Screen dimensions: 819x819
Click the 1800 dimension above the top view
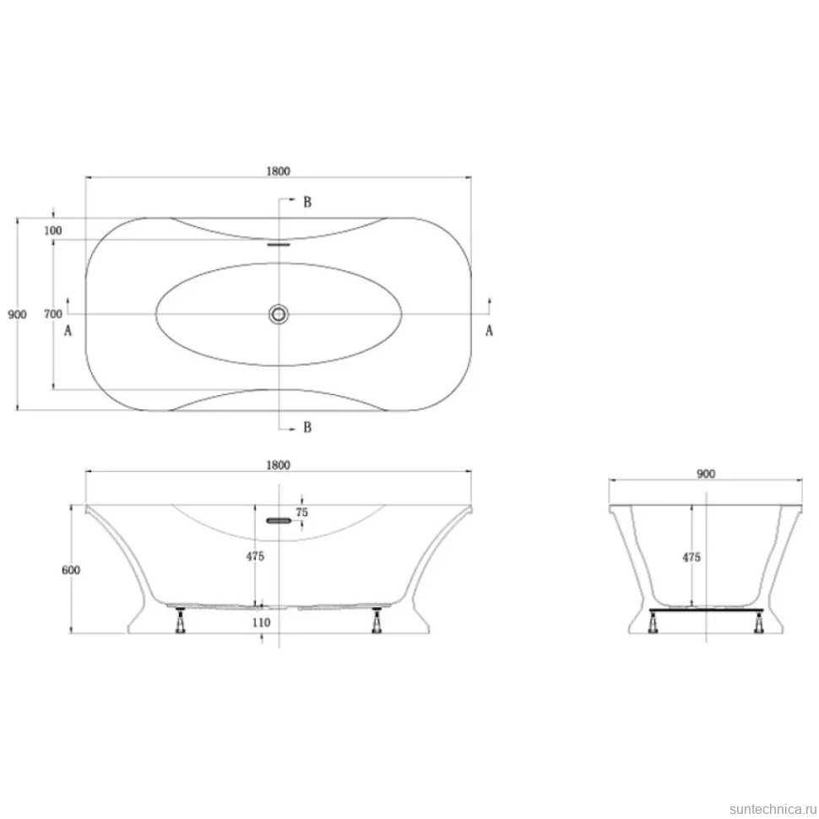point(278,171)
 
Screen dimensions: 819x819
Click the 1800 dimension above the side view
point(278,465)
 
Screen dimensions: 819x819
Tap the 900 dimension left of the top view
point(17,314)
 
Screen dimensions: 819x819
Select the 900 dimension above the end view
point(706,474)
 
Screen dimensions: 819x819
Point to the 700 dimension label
point(52,314)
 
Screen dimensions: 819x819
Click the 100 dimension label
point(52,231)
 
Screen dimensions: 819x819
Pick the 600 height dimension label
point(71,570)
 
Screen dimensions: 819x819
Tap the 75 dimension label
point(302,513)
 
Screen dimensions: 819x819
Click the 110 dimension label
point(261,622)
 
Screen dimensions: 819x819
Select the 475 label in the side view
point(255,556)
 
